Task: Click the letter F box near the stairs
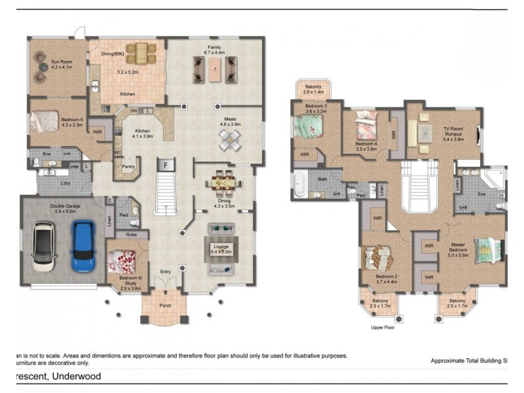(166, 164)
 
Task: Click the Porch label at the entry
(166, 306)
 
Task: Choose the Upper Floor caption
(383, 327)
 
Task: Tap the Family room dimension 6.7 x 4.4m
(214, 53)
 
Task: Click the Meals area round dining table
(230, 138)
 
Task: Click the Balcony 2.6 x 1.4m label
(312, 89)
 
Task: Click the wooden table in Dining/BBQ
(141, 52)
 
